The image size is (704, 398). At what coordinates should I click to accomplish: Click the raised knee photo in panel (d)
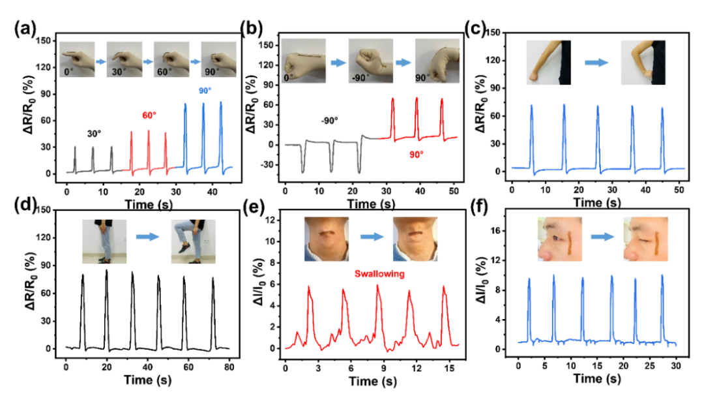coord(193,241)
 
